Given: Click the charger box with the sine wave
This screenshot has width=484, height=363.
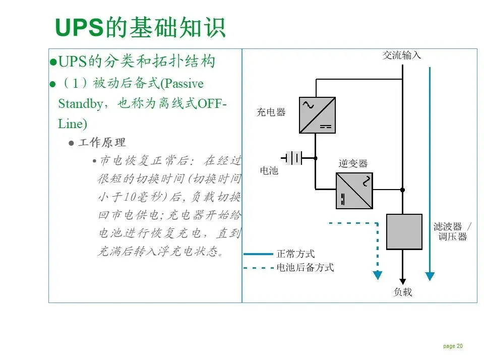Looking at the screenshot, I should tap(317, 115).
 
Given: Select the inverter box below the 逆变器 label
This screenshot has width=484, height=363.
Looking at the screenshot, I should tap(354, 191).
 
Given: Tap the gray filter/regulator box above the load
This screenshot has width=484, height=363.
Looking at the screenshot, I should tap(404, 231).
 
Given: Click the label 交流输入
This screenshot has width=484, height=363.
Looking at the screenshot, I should tap(401, 55).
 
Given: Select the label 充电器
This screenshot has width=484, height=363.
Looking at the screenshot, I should tap(271, 112).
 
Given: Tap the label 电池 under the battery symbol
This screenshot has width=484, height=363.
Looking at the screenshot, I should tap(269, 170).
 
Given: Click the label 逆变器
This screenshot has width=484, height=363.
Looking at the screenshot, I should tap(353, 163).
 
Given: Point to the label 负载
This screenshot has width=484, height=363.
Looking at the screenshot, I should tap(402, 292).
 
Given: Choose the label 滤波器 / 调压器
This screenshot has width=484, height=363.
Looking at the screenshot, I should tap(452, 231).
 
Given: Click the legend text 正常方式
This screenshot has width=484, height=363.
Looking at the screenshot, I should tap(295, 254).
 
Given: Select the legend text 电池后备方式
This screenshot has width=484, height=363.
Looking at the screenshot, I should tap(305, 268).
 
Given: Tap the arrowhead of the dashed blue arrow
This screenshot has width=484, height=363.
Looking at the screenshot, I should tap(377, 275).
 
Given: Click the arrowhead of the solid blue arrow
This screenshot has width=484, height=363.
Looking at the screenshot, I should tap(430, 276).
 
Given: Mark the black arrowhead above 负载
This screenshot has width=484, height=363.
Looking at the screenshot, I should tap(402, 281).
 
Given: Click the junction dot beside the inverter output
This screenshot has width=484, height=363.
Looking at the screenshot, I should tap(402, 190).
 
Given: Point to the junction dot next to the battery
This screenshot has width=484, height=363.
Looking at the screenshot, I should tap(316, 158).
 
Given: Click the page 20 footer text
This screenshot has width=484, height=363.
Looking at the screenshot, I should tap(453, 346).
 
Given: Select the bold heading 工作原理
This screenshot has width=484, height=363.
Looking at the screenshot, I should tap(102, 143).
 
